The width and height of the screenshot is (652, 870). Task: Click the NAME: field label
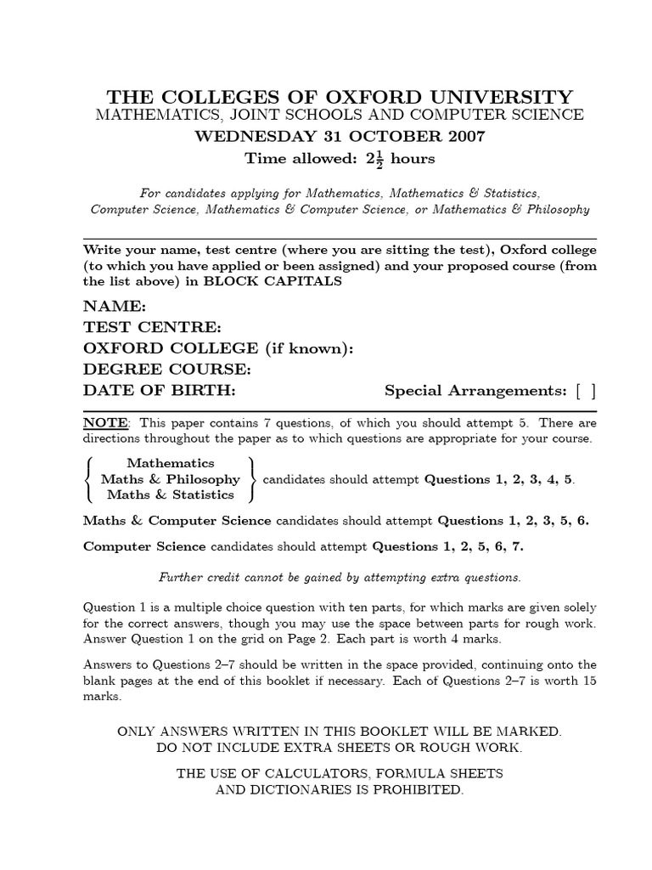[115, 307]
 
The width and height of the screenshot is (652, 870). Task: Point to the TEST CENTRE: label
[152, 327]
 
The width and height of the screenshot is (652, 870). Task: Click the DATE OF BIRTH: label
[159, 390]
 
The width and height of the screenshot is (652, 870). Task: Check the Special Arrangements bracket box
[585, 391]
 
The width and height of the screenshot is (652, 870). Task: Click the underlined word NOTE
[106, 423]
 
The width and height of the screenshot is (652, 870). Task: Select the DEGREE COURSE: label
[167, 370]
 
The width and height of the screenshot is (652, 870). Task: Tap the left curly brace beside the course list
[89, 479]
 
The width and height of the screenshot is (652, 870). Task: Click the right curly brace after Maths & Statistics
[251, 479]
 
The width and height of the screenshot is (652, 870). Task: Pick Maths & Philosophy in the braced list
[171, 479]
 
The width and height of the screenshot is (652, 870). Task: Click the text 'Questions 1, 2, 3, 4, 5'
[499, 479]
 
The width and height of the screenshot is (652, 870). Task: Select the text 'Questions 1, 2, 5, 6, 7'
[448, 546]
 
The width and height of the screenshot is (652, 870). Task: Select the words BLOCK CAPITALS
[273, 282]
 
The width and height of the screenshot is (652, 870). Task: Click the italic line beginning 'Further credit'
[340, 578]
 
